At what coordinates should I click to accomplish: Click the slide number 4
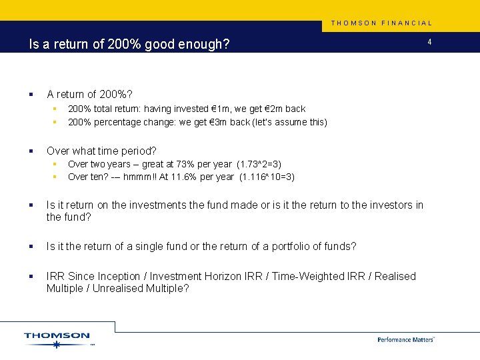pos(430,43)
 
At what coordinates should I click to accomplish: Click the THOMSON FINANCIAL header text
pos(382,23)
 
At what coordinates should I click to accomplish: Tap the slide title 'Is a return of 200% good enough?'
pos(129,45)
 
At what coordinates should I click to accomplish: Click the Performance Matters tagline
pos(406,339)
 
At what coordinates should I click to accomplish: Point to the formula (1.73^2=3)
pos(259,164)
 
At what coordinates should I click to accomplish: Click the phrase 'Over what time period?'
pos(101,151)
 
